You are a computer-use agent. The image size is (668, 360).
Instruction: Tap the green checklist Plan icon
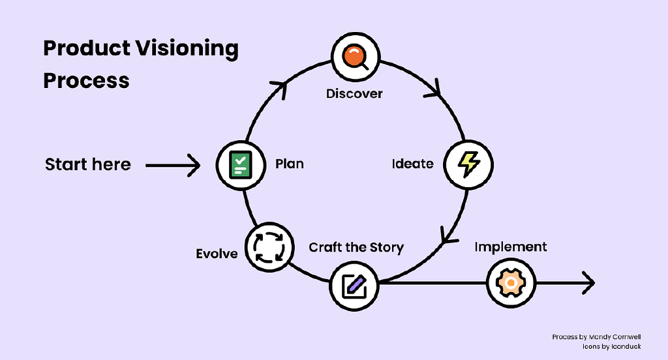pos(241,164)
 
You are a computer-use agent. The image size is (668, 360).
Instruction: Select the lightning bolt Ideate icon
pos(468,164)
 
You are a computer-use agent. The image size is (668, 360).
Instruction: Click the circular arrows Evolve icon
pos(269,247)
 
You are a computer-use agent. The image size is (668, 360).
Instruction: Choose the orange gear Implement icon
pos(511,284)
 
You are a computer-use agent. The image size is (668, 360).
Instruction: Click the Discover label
pos(354,94)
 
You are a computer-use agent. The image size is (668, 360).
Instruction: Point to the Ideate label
pos(412,164)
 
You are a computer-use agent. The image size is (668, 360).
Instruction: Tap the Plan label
pos(289,164)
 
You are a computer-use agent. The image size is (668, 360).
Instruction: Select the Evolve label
pos(217,253)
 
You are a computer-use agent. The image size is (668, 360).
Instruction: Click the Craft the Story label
pos(356,248)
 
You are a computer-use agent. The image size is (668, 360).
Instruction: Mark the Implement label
pos(510,247)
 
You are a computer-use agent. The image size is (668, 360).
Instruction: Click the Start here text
pos(88,164)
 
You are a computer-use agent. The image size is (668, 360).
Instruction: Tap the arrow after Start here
pos(173,165)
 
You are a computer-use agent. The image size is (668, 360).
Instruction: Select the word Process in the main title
pos(86,81)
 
